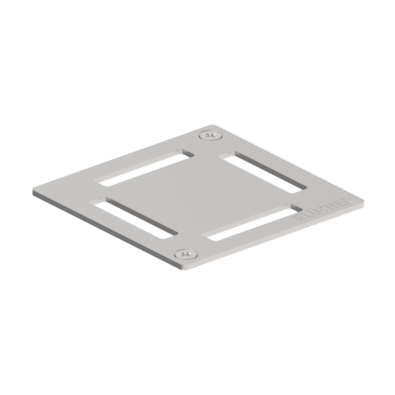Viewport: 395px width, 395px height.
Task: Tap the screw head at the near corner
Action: (186, 254)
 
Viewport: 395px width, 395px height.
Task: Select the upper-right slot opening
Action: (263, 172)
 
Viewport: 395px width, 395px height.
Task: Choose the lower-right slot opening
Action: (252, 222)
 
